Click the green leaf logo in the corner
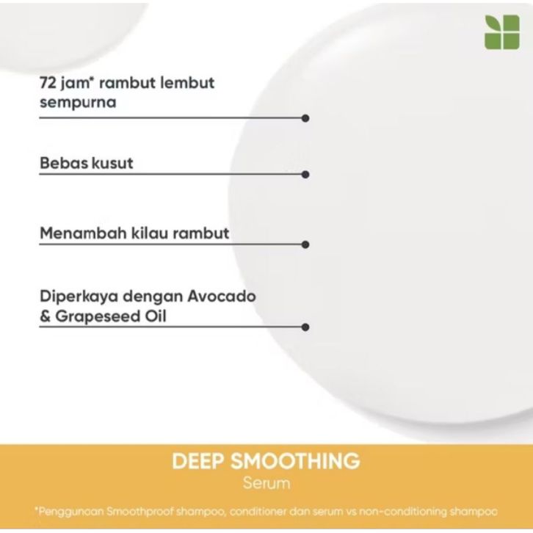point(502,32)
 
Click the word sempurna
point(78,102)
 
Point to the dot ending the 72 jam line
point(305,117)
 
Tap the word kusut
point(112,163)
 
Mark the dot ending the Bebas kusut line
point(305,175)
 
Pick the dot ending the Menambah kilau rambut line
point(305,244)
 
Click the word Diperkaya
point(75,297)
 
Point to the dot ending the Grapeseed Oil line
point(305,327)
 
